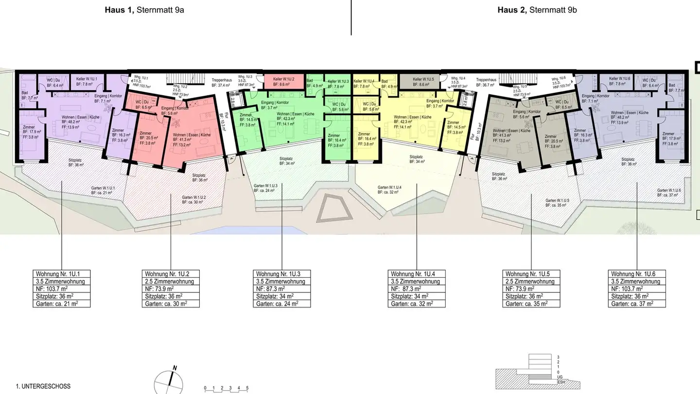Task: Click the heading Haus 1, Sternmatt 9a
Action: (x=144, y=10)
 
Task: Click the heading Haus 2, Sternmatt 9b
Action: (x=537, y=10)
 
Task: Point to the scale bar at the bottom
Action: (x=226, y=389)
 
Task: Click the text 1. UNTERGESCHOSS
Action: (x=43, y=386)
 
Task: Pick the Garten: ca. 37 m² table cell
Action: (x=637, y=304)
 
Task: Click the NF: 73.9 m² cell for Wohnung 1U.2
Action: (x=171, y=288)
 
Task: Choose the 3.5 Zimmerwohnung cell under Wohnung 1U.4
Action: (x=417, y=281)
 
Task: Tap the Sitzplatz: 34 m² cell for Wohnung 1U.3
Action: (x=282, y=296)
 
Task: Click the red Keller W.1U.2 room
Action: (x=284, y=81)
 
